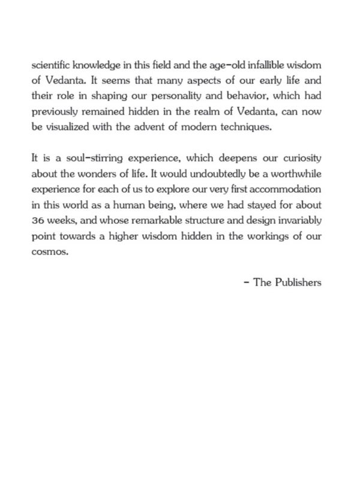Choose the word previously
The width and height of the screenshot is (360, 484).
(54, 112)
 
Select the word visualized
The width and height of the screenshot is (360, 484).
(71, 128)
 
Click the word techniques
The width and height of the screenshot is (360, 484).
(240, 128)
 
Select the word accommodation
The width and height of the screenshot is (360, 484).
(288, 190)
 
